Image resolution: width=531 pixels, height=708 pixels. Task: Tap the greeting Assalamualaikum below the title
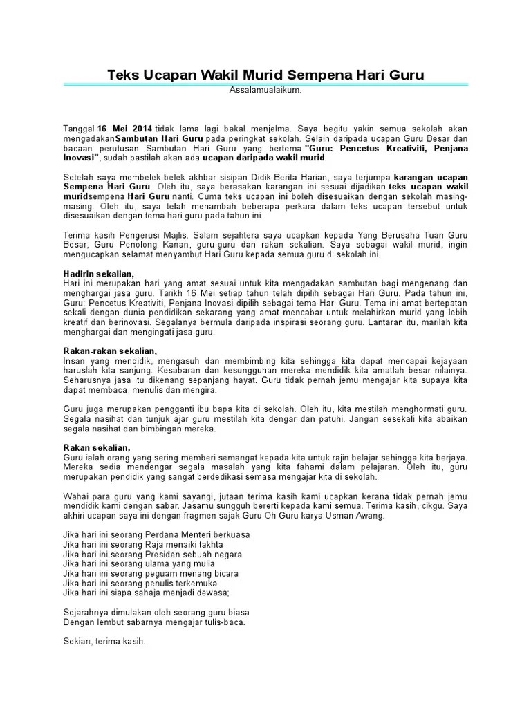coord(265,91)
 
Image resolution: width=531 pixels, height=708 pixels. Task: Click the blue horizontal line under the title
coord(265,84)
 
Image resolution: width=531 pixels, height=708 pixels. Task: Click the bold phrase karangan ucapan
coord(437,177)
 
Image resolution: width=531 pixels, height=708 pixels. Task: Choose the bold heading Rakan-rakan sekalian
coord(106,351)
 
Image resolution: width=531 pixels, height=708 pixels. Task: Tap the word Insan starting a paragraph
coord(74,361)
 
